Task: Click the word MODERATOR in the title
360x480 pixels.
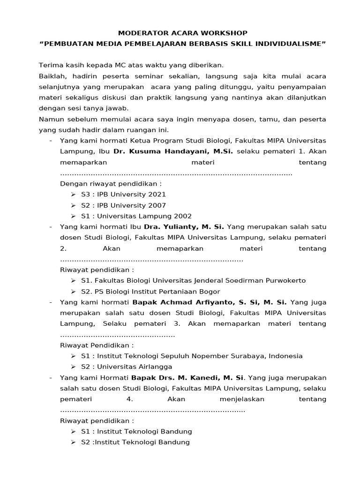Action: click(x=139, y=33)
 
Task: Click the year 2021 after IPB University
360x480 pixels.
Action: click(x=156, y=194)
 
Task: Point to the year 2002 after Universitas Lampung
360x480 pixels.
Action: click(x=182, y=216)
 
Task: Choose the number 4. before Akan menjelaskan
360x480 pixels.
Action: click(x=130, y=399)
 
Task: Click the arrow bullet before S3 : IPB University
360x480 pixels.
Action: click(x=74, y=195)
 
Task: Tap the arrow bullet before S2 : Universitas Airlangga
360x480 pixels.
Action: click(x=74, y=367)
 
